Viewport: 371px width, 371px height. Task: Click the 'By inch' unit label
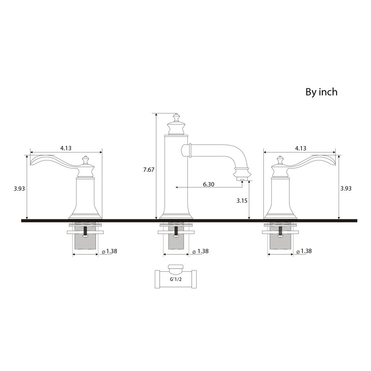[x=321, y=92]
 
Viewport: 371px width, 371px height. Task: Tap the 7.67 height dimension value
[x=149, y=170]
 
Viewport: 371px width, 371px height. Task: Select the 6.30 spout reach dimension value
[x=209, y=184]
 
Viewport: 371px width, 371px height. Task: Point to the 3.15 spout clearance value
[x=242, y=201]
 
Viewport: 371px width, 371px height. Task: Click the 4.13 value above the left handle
[x=65, y=148]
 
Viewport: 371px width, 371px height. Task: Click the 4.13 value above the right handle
[x=301, y=148]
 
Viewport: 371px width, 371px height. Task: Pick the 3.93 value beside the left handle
[x=19, y=188]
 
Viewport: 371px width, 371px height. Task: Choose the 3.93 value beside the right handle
[x=346, y=188]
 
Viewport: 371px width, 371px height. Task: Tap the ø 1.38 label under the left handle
[x=109, y=251]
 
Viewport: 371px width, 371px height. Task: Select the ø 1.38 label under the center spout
[x=201, y=251]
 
